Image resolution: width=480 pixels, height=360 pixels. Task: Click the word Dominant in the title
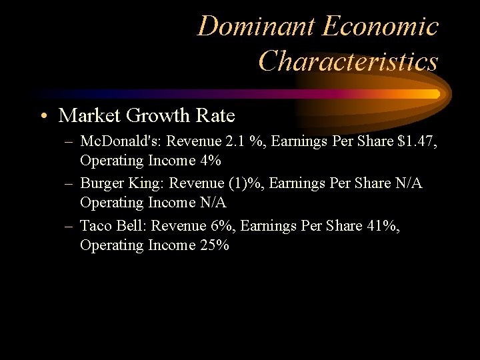click(256, 27)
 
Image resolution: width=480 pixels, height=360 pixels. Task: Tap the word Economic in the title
click(380, 27)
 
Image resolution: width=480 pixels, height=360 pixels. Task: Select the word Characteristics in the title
click(348, 61)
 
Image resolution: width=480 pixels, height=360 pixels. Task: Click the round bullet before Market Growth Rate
click(43, 117)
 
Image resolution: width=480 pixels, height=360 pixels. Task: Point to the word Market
click(90, 116)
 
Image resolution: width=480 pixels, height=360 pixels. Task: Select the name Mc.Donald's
click(121, 141)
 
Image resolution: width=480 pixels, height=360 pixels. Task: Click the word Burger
click(103, 183)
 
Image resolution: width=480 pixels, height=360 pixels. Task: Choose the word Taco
click(95, 226)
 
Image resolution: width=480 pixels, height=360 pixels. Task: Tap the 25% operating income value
click(214, 245)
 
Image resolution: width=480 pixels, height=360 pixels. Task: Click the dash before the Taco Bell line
click(69, 226)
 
